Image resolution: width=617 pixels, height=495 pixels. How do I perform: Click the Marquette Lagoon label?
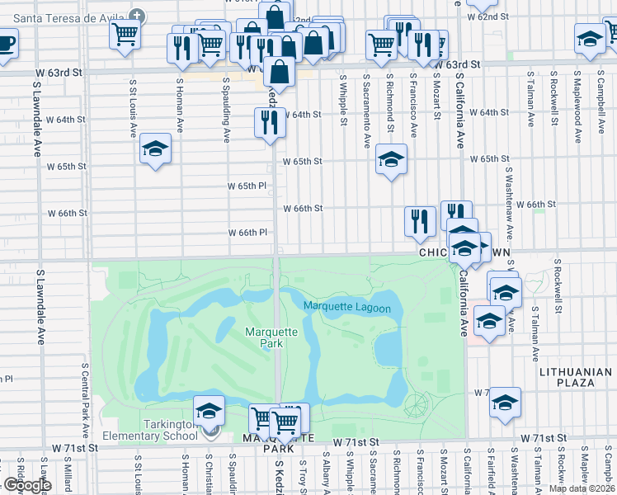tap(346, 307)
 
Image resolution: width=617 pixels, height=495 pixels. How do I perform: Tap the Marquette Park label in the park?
tap(265, 338)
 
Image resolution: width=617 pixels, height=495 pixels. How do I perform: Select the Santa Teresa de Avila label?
tap(72, 16)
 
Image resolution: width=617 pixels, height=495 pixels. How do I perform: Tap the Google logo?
tap(27, 486)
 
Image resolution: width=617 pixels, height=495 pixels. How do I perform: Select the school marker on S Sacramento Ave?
tap(391, 158)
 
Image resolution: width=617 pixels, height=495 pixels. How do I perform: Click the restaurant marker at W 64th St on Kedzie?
tap(270, 122)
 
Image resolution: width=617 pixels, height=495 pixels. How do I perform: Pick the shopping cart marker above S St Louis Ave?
tap(125, 35)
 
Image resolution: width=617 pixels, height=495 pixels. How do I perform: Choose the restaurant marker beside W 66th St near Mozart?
tap(420, 219)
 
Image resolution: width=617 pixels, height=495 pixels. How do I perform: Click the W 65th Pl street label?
tap(248, 186)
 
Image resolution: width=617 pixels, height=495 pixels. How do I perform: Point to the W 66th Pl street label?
tap(248, 233)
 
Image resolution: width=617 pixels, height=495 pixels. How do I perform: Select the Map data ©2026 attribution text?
tap(582, 488)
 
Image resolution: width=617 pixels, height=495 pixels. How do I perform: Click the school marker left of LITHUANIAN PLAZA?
tap(505, 403)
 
